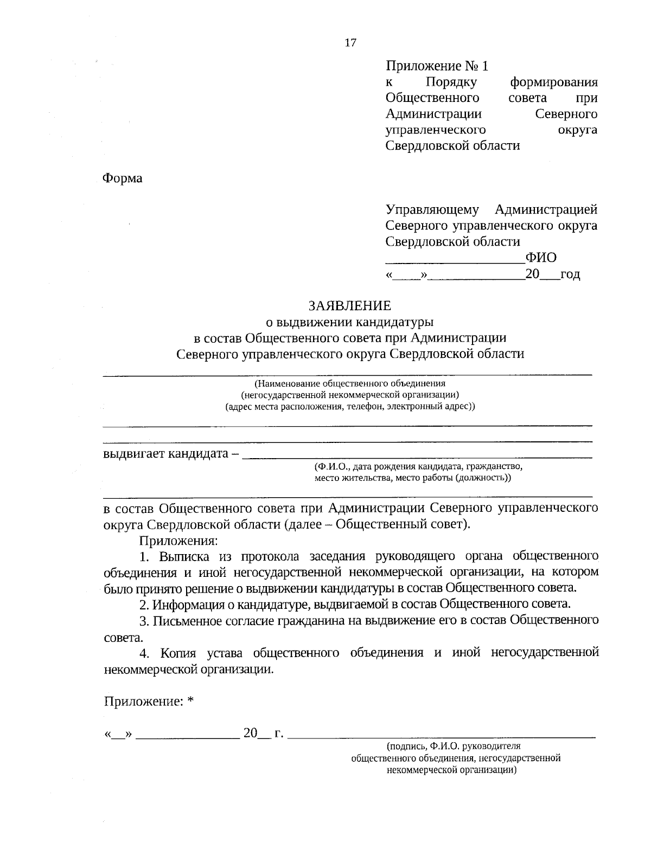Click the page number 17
[350, 43]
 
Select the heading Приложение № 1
[437, 66]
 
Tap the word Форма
[123, 178]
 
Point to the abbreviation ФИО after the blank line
[541, 258]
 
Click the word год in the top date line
[570, 274]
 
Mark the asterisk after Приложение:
[190, 701]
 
